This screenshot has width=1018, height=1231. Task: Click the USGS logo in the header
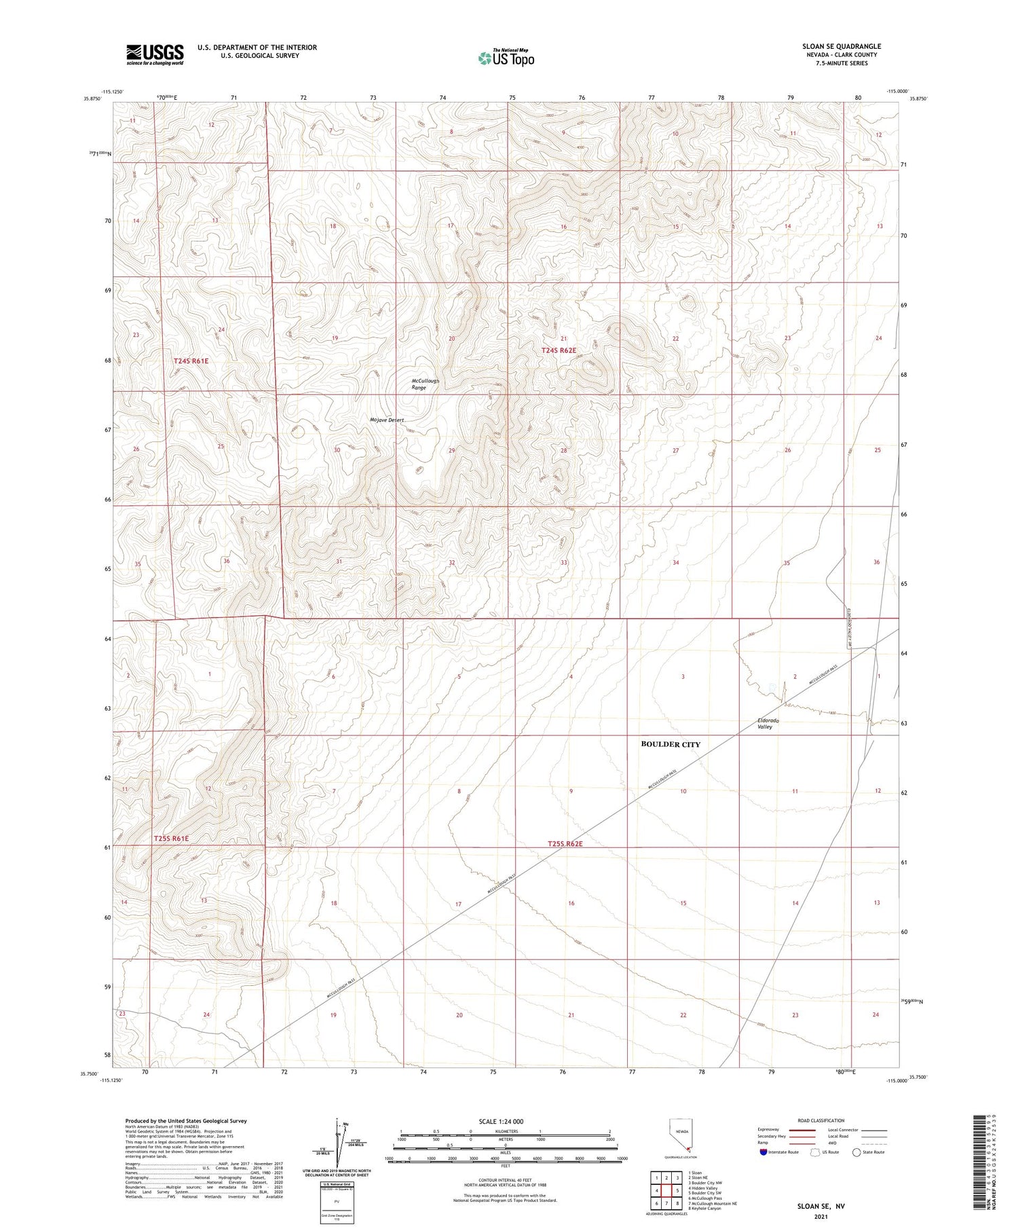point(155,54)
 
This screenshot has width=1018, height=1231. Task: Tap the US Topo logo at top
point(506,58)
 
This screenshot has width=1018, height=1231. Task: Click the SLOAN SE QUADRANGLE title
point(841,46)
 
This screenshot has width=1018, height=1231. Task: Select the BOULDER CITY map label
point(670,744)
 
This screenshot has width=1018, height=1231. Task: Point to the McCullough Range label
point(425,384)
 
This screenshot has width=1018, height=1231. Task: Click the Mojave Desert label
point(387,420)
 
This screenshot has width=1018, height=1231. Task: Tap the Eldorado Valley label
point(768,723)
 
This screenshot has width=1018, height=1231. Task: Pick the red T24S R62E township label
point(559,350)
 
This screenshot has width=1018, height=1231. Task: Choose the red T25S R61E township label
point(171,839)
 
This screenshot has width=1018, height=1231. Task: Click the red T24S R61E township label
point(191,361)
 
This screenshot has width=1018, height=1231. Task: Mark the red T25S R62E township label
point(565,844)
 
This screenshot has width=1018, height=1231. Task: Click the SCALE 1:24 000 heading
point(505,1121)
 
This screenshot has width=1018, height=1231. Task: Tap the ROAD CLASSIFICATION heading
point(821,1120)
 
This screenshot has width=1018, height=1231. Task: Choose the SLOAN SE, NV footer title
point(821,1207)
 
